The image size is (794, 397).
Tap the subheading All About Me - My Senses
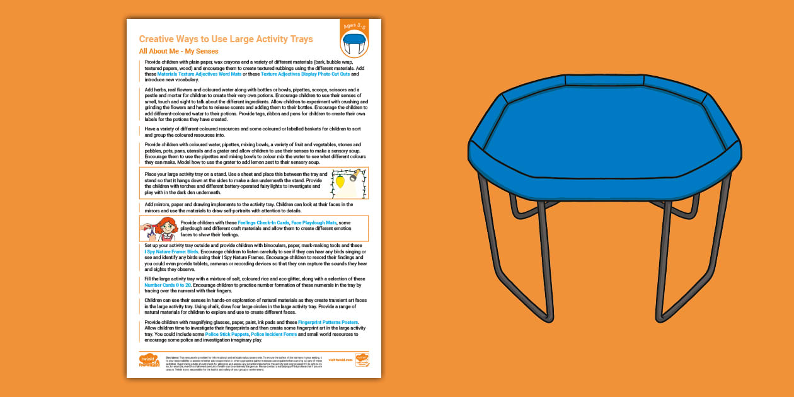tap(178, 51)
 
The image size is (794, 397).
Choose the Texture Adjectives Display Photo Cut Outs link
tap(306, 74)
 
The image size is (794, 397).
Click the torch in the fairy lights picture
tap(357, 173)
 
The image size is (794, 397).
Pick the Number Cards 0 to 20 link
tap(167, 285)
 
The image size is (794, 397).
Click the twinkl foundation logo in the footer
tap(149, 360)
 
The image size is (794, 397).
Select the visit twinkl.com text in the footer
tap(342, 360)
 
